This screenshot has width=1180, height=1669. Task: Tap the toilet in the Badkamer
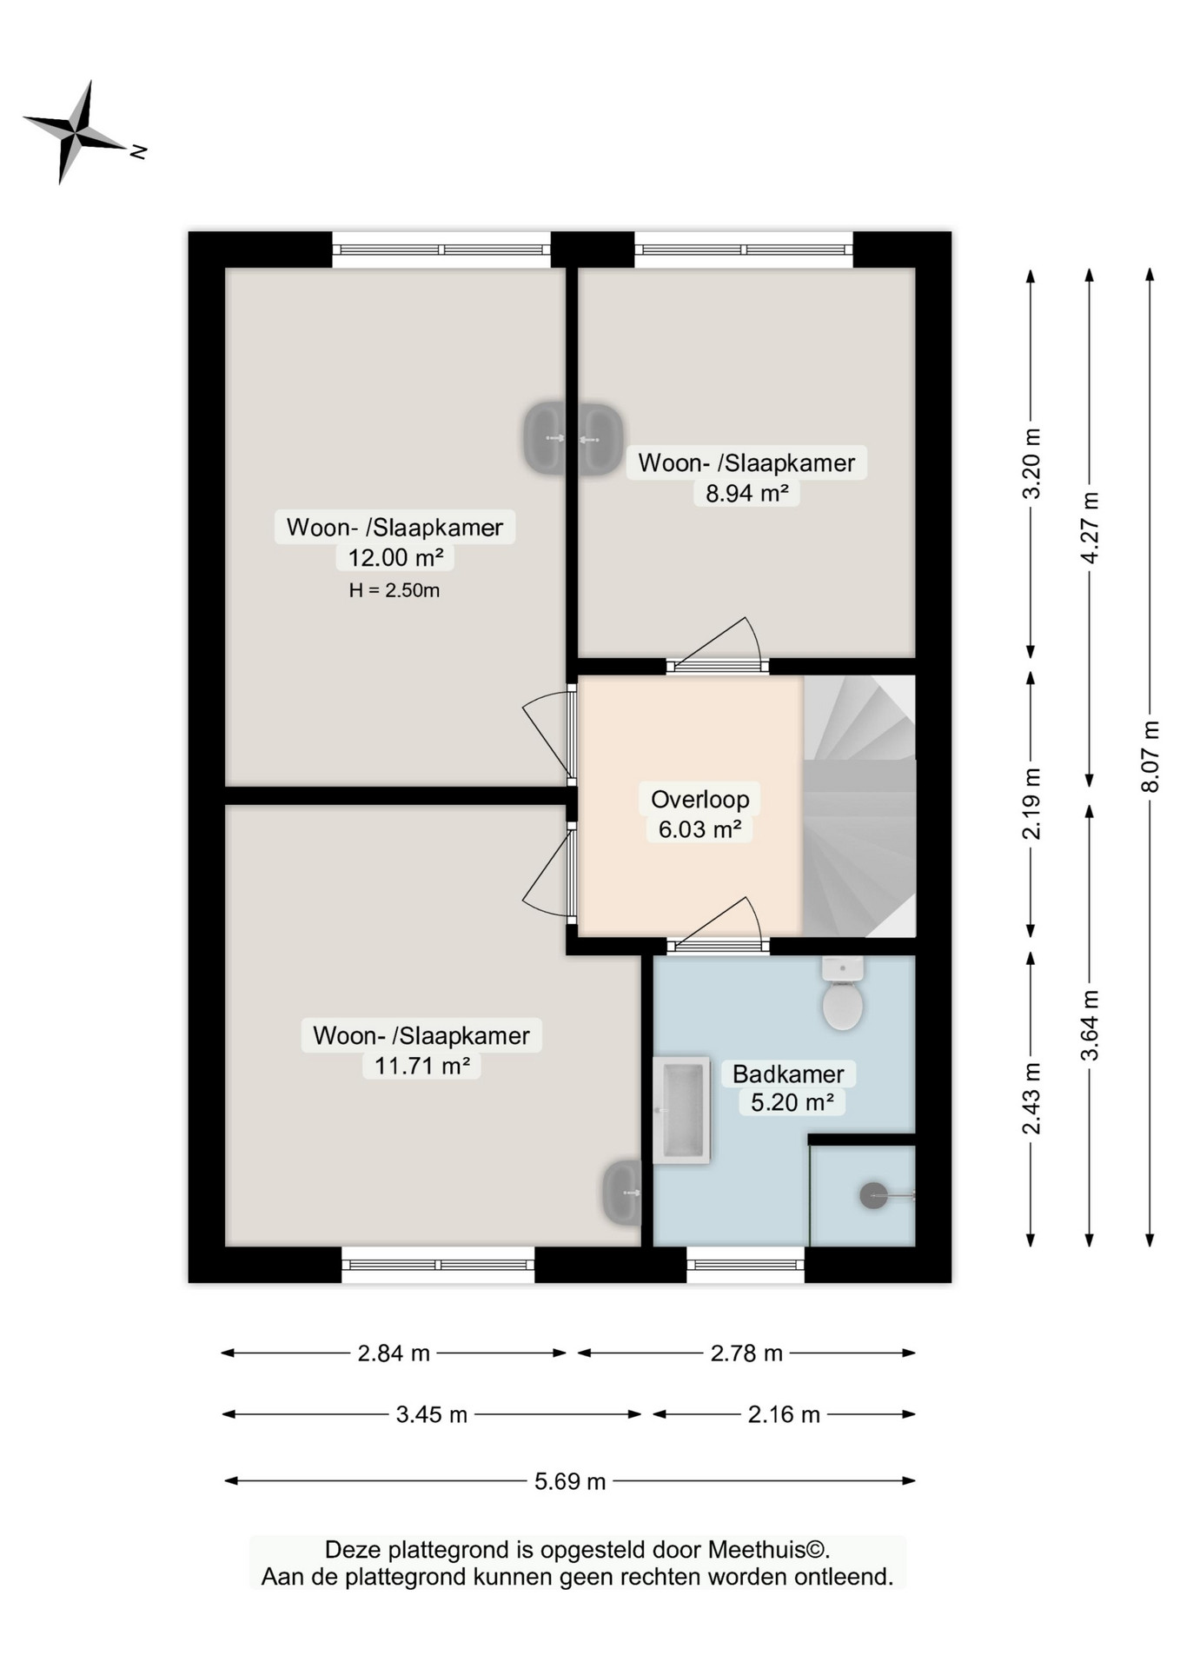842,994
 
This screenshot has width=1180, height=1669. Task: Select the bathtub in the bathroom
682,1110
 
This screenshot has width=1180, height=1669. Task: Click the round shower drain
873,1195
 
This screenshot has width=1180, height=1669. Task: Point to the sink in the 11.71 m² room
622,1193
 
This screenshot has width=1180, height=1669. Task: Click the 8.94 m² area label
746,493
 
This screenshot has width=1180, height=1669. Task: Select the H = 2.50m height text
394,590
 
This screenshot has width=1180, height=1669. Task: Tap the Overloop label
699,799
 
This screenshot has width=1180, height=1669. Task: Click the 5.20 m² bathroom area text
792,1102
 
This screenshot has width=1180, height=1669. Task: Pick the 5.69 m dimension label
570,1481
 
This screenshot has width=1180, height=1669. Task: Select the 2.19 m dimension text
1031,803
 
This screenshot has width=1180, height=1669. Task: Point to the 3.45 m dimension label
432,1414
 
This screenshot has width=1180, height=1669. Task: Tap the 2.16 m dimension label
784,1414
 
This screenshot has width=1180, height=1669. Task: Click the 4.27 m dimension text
1090,527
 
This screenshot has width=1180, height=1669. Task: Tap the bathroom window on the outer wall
746,1265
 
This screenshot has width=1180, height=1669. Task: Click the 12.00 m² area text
395,557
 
